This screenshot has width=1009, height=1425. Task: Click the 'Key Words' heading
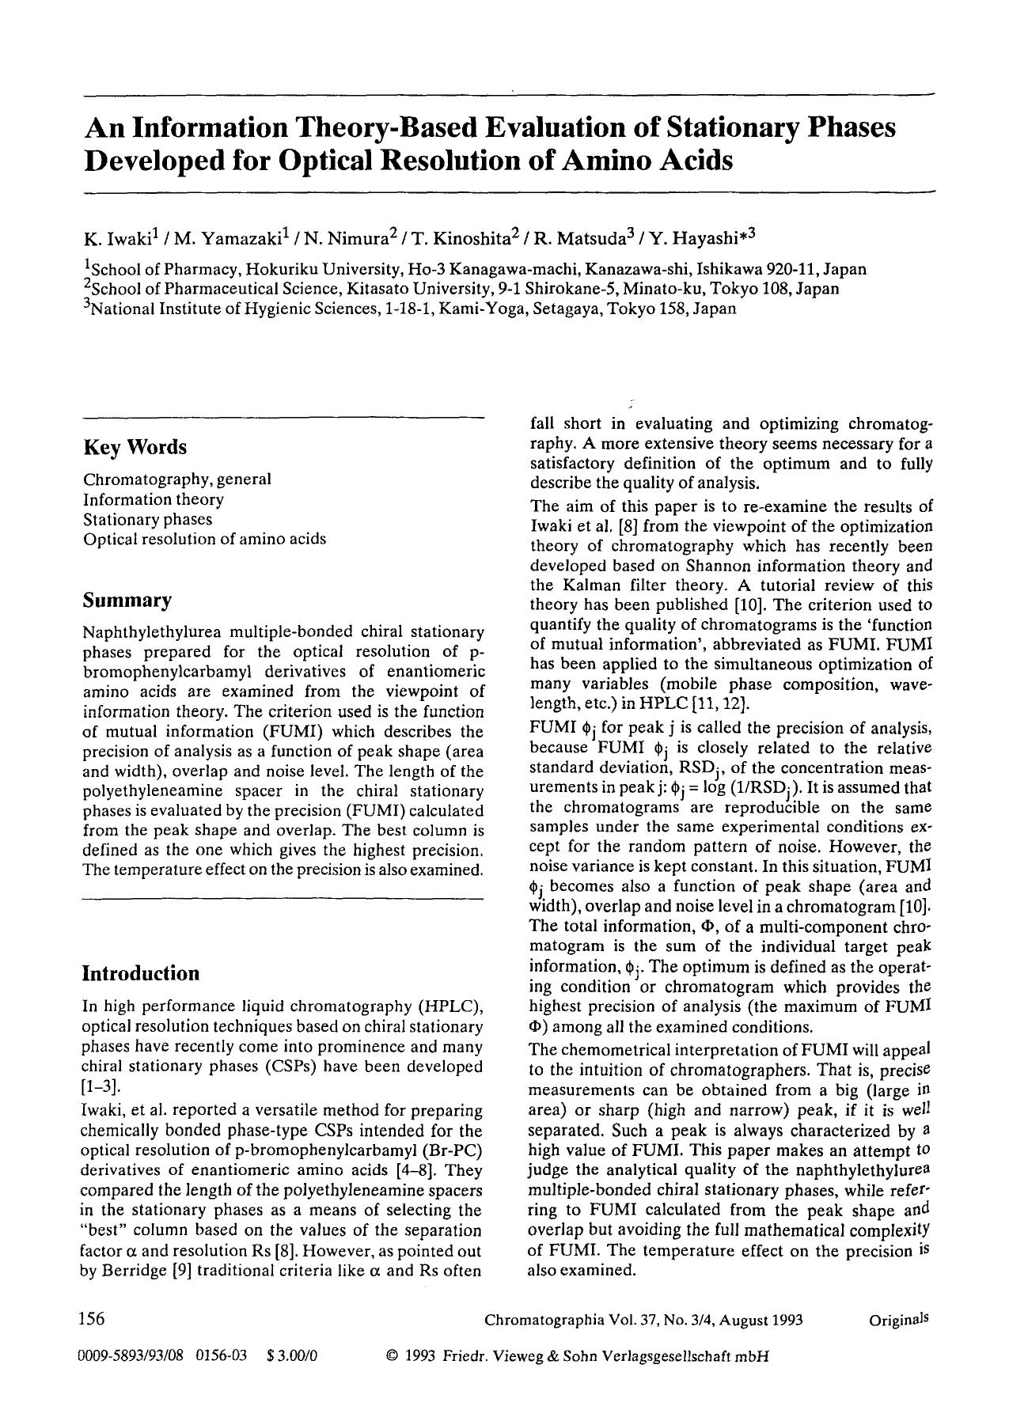pyautogui.click(x=135, y=448)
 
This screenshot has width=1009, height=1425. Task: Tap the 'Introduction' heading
pyautogui.click(x=141, y=973)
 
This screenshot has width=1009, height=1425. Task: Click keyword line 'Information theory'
pyautogui.click(x=154, y=499)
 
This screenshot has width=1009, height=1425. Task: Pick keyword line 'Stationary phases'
pyautogui.click(x=148, y=519)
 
